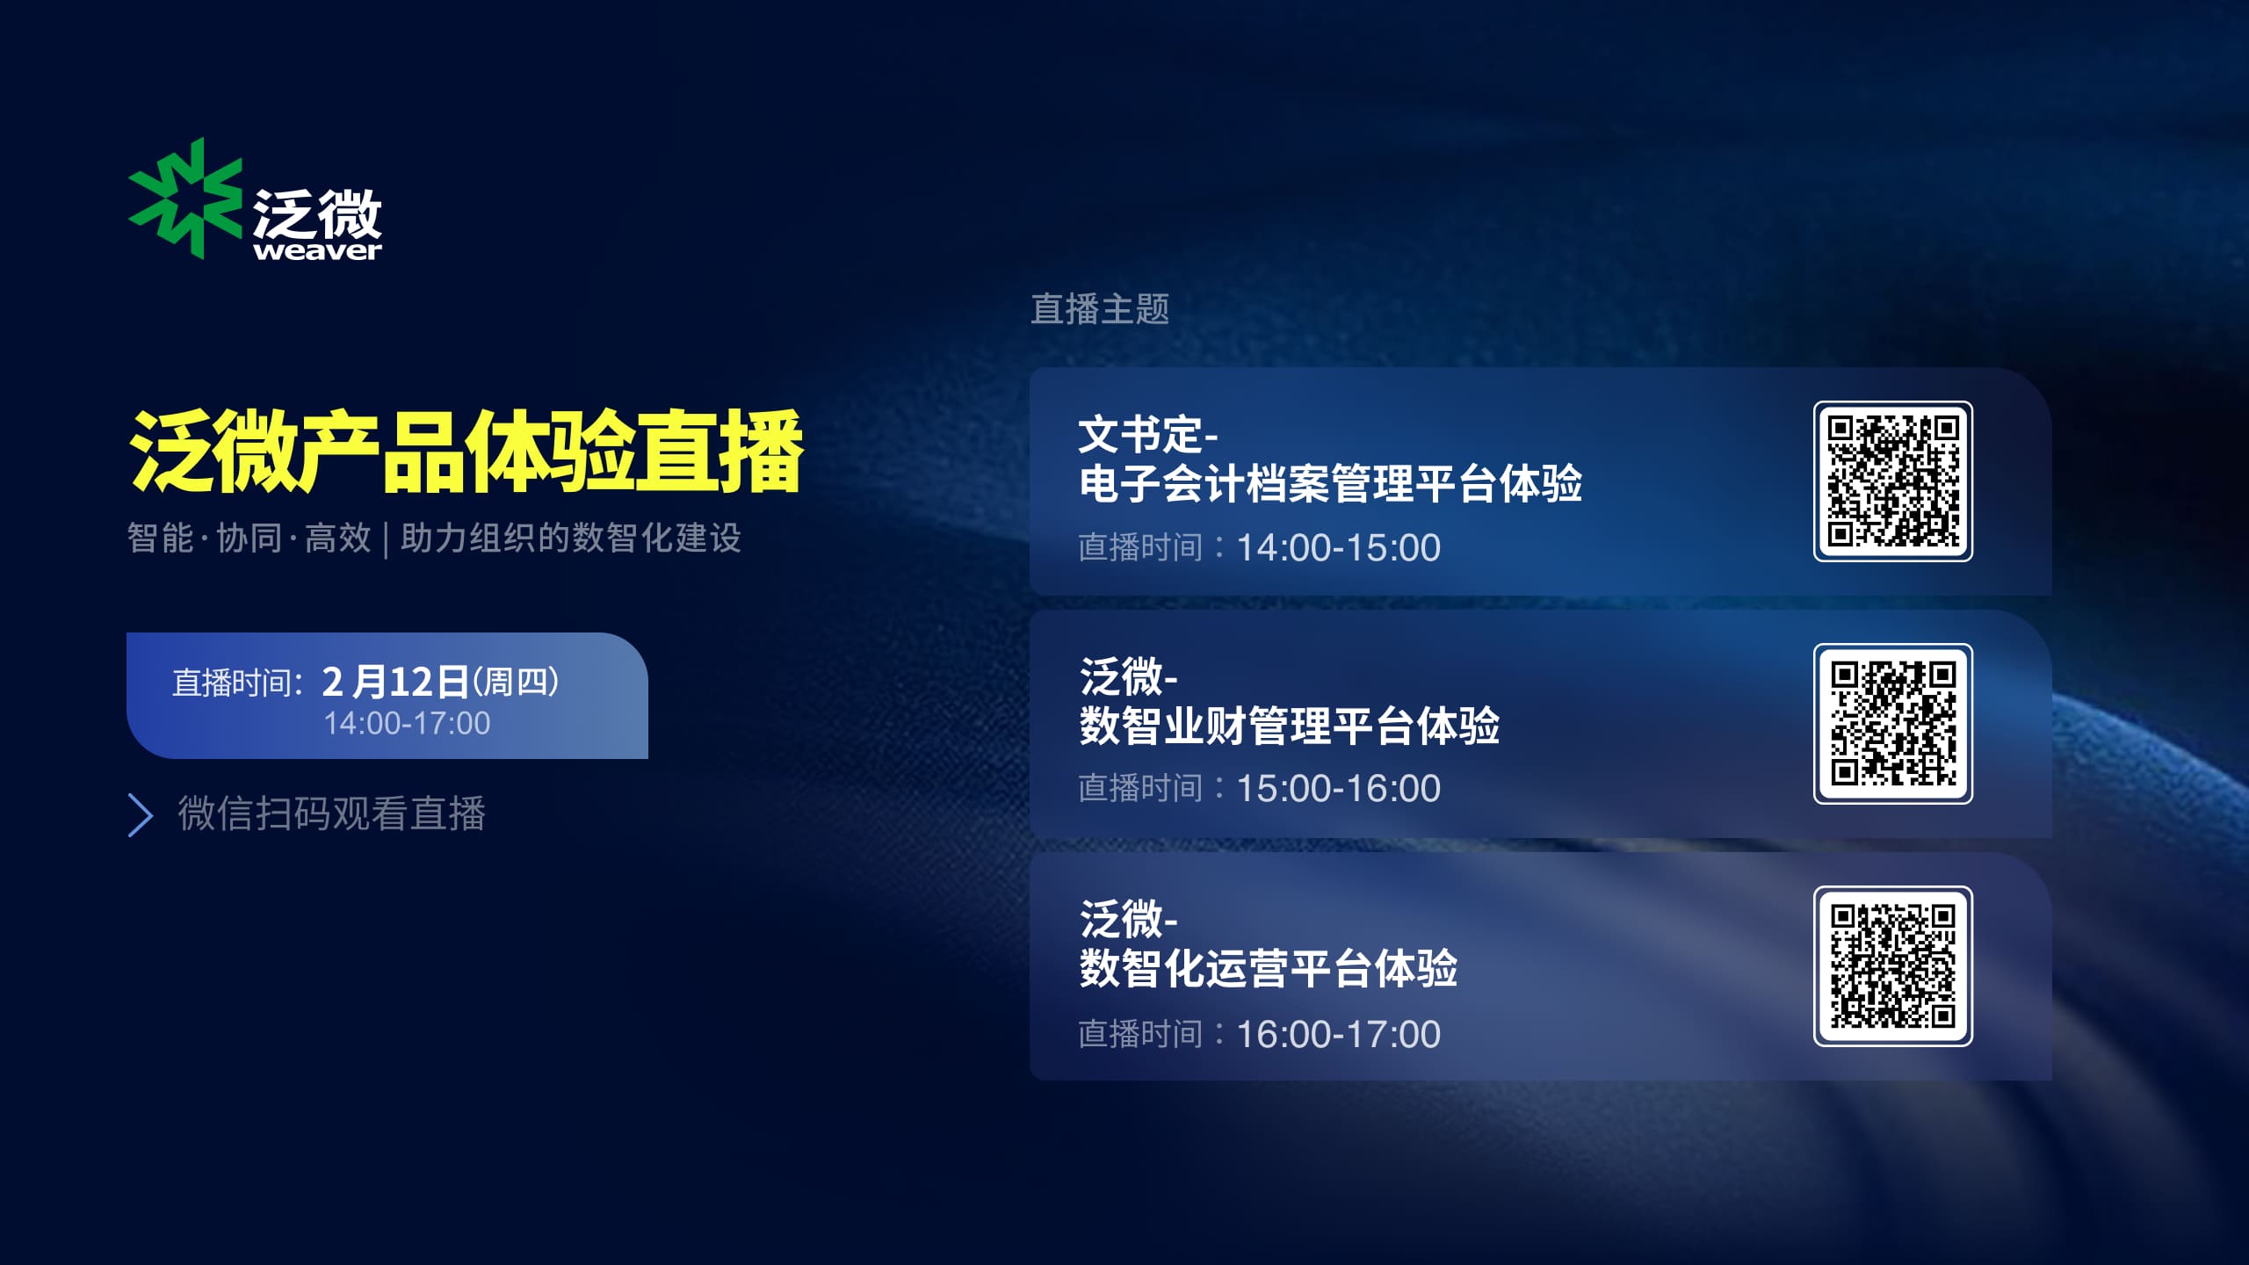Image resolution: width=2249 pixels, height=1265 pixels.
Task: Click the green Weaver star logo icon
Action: [185, 199]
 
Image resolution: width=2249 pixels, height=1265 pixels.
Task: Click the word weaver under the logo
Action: [317, 251]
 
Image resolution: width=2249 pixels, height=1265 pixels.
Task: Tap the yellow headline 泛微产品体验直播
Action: [466, 452]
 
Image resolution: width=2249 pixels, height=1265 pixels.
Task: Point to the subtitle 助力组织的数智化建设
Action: [571, 538]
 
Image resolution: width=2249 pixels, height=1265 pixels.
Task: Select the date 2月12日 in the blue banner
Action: [395, 682]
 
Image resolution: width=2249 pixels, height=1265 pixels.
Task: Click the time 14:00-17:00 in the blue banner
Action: [407, 723]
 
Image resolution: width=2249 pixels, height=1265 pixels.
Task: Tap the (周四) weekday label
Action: [516, 682]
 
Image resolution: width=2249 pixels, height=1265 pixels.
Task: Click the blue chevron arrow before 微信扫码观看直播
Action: [141, 815]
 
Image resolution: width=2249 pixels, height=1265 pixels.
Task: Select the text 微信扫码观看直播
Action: [332, 813]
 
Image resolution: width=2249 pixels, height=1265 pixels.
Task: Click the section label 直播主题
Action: [1100, 309]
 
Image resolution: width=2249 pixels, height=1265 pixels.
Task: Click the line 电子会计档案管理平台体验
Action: [1331, 484]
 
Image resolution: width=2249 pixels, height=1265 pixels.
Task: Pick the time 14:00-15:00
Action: [1339, 547]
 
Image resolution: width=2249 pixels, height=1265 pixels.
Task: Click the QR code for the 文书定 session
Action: [1893, 481]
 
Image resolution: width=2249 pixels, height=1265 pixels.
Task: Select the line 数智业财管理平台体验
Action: [1289, 726]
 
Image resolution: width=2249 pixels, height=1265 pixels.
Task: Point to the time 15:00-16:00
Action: [1339, 788]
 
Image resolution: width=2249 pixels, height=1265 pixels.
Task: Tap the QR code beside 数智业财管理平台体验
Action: [1893, 724]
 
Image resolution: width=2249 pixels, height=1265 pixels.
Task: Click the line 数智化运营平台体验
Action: [1268, 969]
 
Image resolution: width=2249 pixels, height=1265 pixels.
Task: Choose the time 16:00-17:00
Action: [1339, 1034]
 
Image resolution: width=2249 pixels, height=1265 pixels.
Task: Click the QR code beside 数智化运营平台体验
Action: [1893, 966]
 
